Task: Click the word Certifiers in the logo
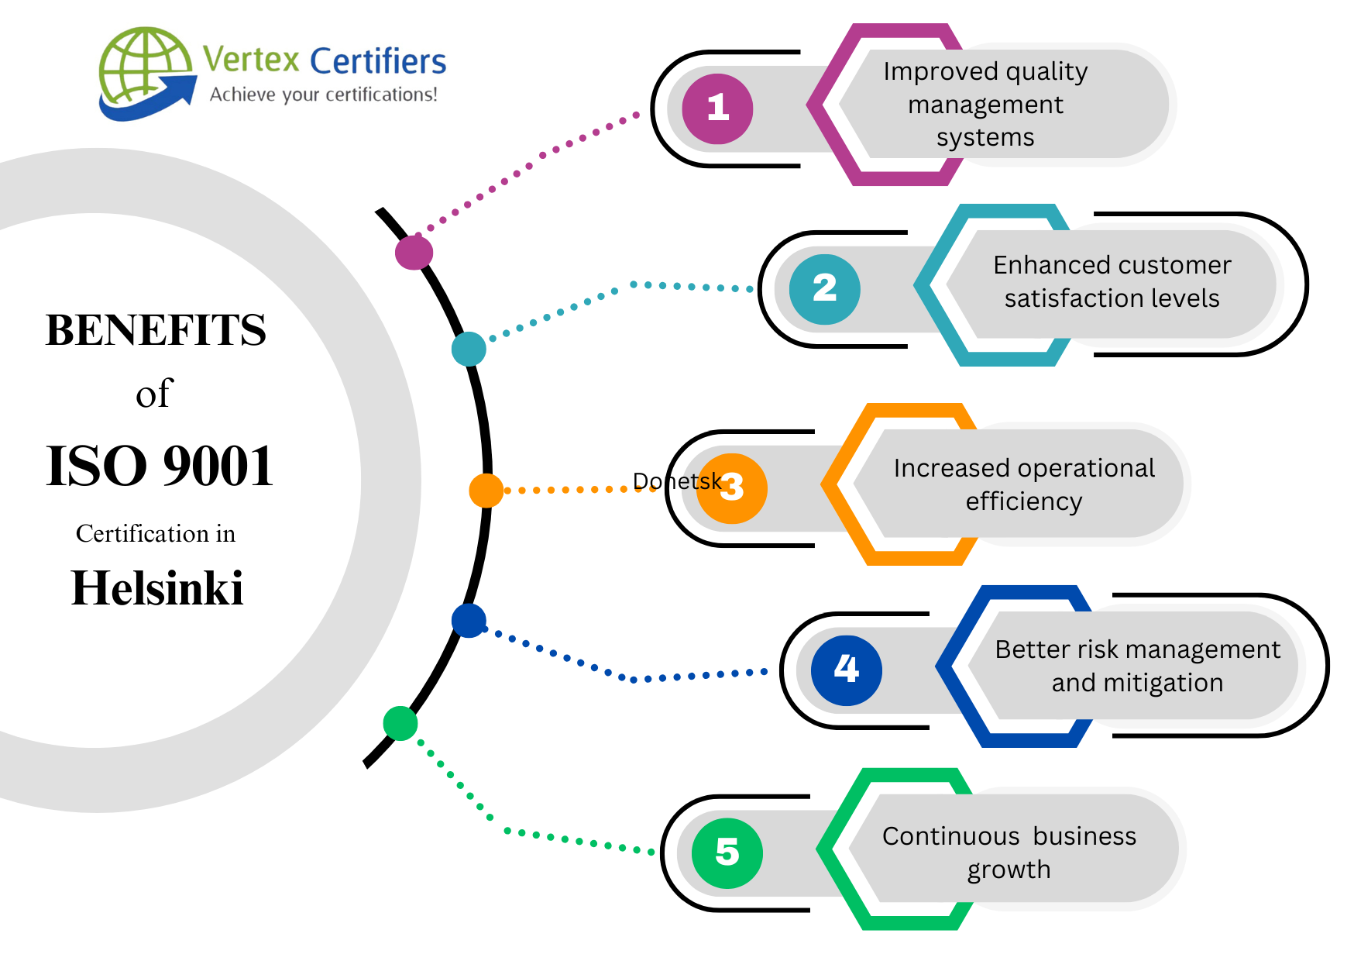coord(378,61)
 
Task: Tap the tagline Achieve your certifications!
coord(323,95)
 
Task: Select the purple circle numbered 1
coord(717,108)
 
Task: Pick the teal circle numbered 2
coord(824,289)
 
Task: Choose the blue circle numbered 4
coord(846,670)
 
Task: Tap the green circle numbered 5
coord(727,852)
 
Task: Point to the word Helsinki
coord(157,588)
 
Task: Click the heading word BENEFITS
coord(156,330)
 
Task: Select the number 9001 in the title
coord(218,467)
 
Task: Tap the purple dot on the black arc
coord(414,253)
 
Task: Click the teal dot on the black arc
coord(469,349)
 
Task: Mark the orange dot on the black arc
coord(486,491)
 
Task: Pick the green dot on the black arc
coord(400,723)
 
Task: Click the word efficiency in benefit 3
coord(1023,502)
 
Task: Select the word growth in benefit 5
coord(1009,870)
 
